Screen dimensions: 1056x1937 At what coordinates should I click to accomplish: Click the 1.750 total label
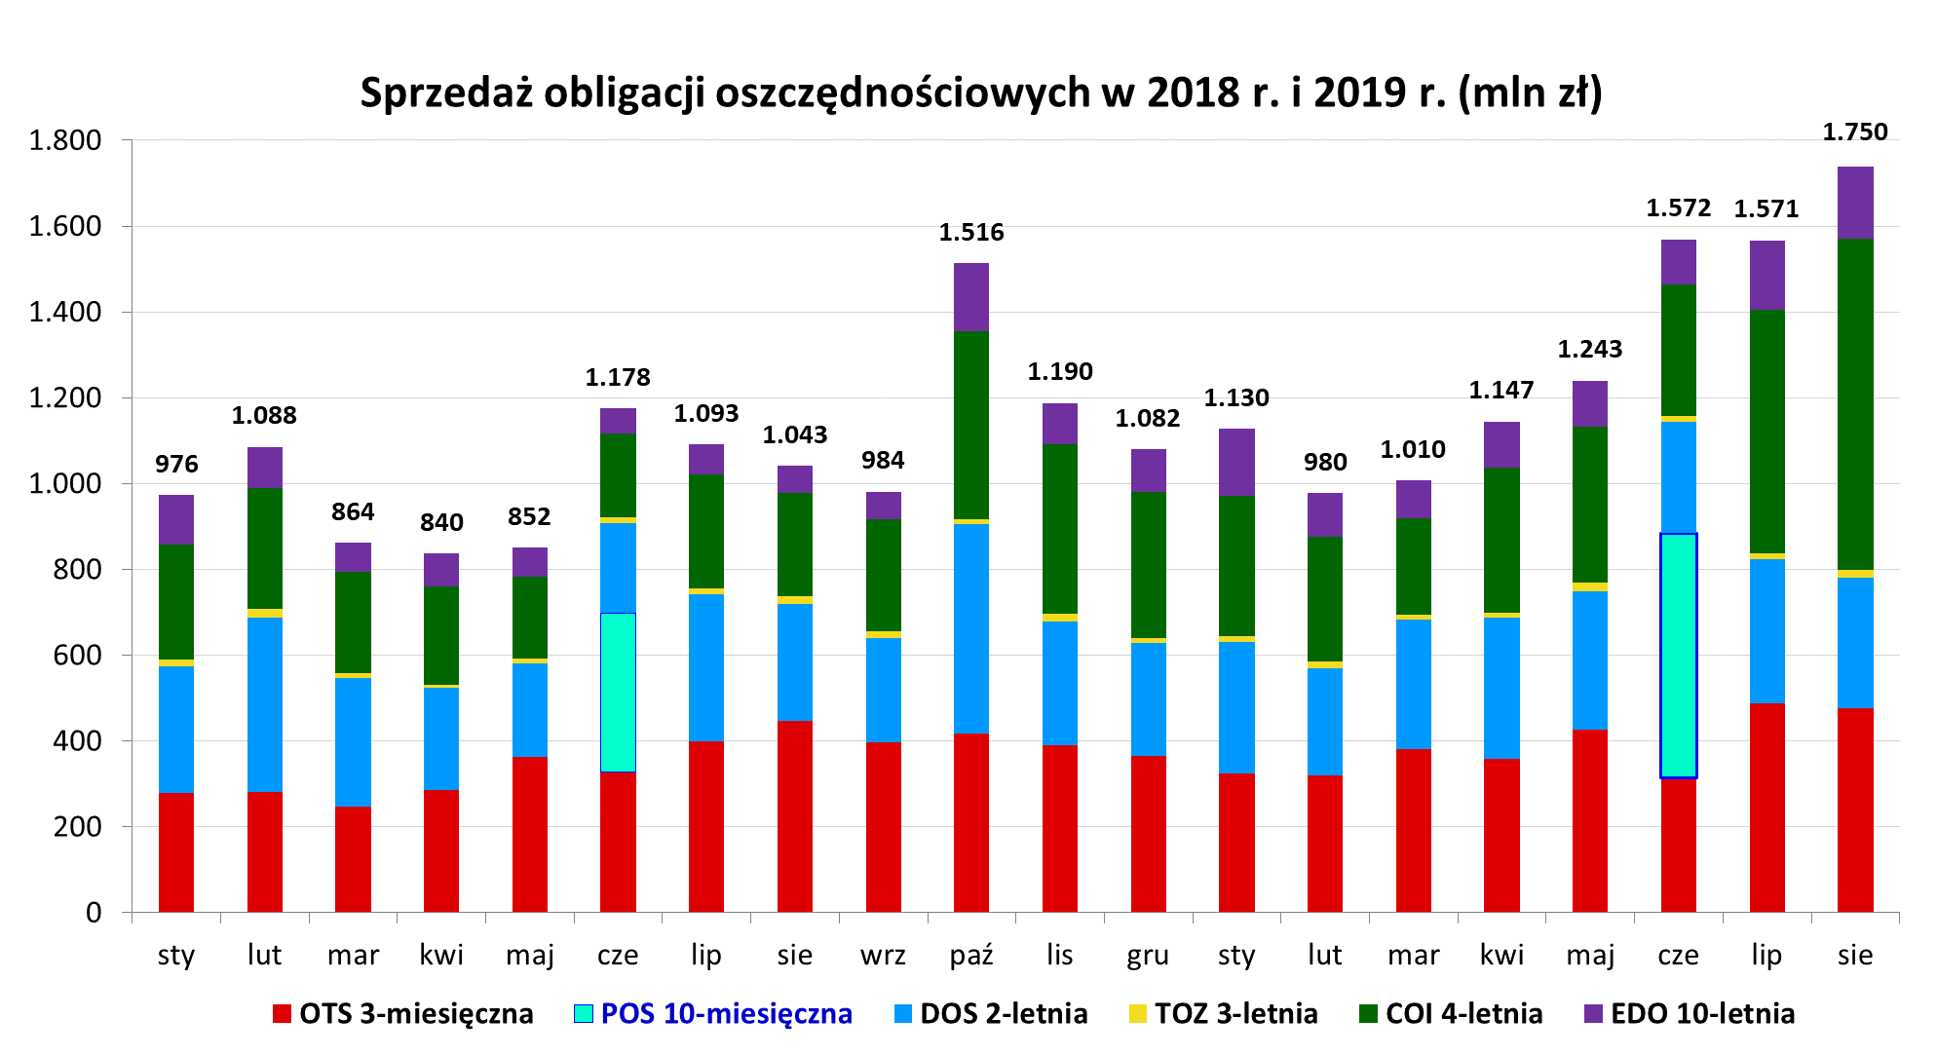coord(1854,132)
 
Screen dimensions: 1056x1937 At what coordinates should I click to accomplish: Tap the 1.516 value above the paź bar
coord(970,233)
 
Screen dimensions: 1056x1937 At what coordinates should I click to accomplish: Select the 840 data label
coord(441,523)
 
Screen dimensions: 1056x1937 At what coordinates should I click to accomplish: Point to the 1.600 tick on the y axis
coord(65,226)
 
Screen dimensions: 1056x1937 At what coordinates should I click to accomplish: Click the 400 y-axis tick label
coord(77,740)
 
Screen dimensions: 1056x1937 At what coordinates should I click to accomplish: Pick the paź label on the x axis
coord(970,955)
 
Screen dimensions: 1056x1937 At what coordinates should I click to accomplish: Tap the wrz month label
coord(883,955)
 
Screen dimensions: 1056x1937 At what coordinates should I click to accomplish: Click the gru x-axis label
coord(1148,955)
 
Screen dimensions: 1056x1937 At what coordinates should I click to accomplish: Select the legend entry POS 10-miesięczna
coord(726,1013)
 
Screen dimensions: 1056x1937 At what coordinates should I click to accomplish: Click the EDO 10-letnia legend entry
coord(1702,1013)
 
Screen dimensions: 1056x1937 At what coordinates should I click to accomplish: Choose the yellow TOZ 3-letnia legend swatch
coord(1137,1013)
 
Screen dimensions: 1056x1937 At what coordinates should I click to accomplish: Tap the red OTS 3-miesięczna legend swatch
coord(282,1013)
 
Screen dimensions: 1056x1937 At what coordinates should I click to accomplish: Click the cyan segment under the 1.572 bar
coord(1678,655)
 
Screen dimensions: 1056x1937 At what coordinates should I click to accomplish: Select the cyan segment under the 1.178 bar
coord(618,692)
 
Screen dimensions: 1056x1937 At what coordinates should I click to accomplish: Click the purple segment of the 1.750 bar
coord(1854,203)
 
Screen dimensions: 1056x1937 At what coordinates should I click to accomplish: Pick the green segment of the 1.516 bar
coord(970,425)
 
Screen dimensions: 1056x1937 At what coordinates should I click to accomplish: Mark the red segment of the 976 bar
coord(176,851)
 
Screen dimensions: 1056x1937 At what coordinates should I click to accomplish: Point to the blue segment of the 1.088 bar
coord(264,704)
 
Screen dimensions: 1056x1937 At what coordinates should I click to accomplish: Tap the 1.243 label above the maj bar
coord(1589,350)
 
